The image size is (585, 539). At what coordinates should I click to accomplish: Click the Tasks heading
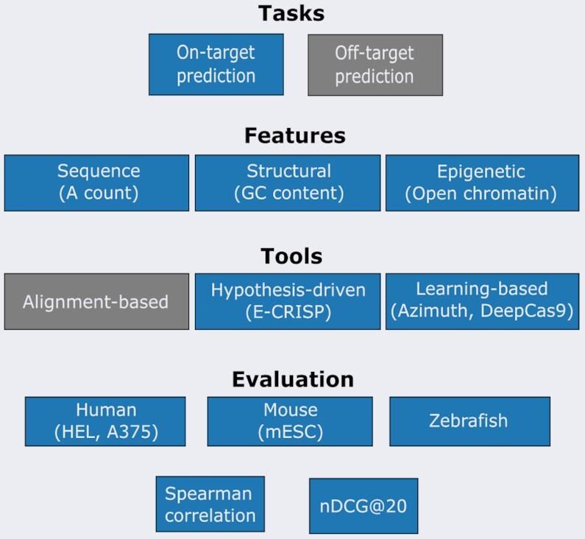coord(291,13)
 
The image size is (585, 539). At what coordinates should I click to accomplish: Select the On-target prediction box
coord(216,64)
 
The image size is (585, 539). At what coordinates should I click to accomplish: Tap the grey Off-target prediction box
coord(375,64)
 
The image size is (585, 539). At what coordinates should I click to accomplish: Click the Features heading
coord(294,135)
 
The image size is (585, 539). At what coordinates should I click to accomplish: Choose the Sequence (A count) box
coord(96,183)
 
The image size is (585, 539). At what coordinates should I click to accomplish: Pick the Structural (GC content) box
coord(288,183)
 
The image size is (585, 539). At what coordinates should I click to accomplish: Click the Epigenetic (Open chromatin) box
coord(481,183)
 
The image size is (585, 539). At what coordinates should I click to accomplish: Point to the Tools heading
coord(291,256)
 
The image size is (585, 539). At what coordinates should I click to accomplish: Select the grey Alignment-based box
coord(96,301)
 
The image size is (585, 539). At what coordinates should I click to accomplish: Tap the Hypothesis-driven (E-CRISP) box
coord(288,300)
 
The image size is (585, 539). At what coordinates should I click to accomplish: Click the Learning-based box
coord(481,300)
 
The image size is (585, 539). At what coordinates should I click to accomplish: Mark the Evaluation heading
coord(293,379)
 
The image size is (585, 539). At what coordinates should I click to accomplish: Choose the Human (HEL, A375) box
coord(105,421)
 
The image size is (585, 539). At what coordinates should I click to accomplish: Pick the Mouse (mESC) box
coord(290,421)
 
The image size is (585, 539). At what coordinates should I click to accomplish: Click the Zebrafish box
coord(469,421)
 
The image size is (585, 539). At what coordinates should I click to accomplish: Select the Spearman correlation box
coord(210,504)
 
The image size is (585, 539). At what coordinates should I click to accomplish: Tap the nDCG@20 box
coord(363,506)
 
